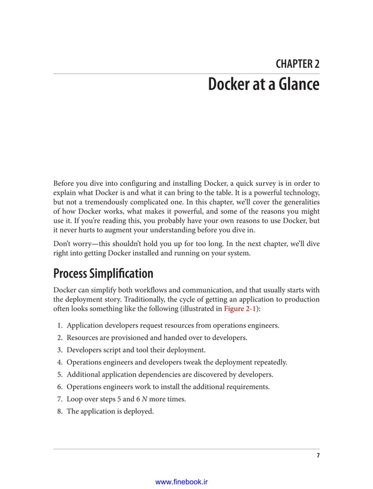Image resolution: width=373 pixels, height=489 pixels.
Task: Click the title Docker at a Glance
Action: click(x=264, y=85)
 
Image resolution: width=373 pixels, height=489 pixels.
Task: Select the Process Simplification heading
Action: click(x=103, y=273)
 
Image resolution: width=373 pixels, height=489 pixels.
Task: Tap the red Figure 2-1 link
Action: click(x=240, y=310)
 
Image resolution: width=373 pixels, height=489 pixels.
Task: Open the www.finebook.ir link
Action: click(x=182, y=482)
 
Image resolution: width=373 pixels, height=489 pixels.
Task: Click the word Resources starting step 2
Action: click(x=84, y=338)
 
